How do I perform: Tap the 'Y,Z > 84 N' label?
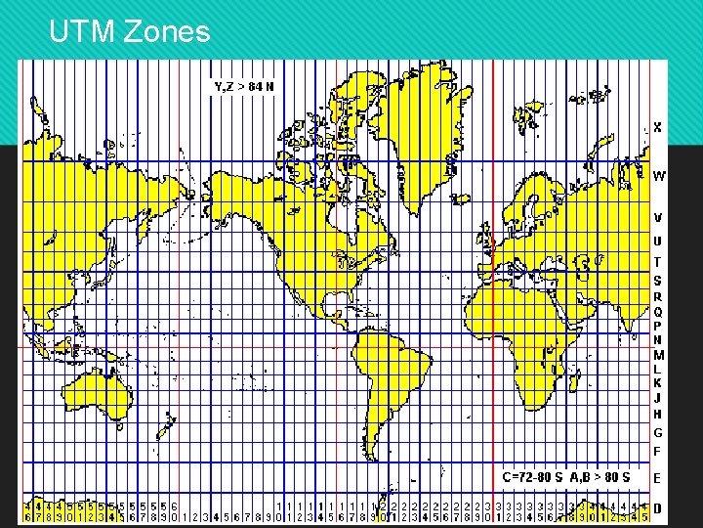[244, 86]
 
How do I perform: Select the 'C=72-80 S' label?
[533, 477]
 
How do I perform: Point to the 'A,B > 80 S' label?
[600, 477]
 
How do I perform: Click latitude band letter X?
[658, 127]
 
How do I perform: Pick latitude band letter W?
[659, 177]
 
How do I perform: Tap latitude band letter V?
[658, 217]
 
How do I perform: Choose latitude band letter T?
[658, 262]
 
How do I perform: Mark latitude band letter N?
[658, 340]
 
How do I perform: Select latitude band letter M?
[658, 355]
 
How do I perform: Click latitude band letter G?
[658, 432]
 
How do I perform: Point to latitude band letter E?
[658, 478]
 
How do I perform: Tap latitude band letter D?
[658, 508]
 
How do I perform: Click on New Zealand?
[169, 424]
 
